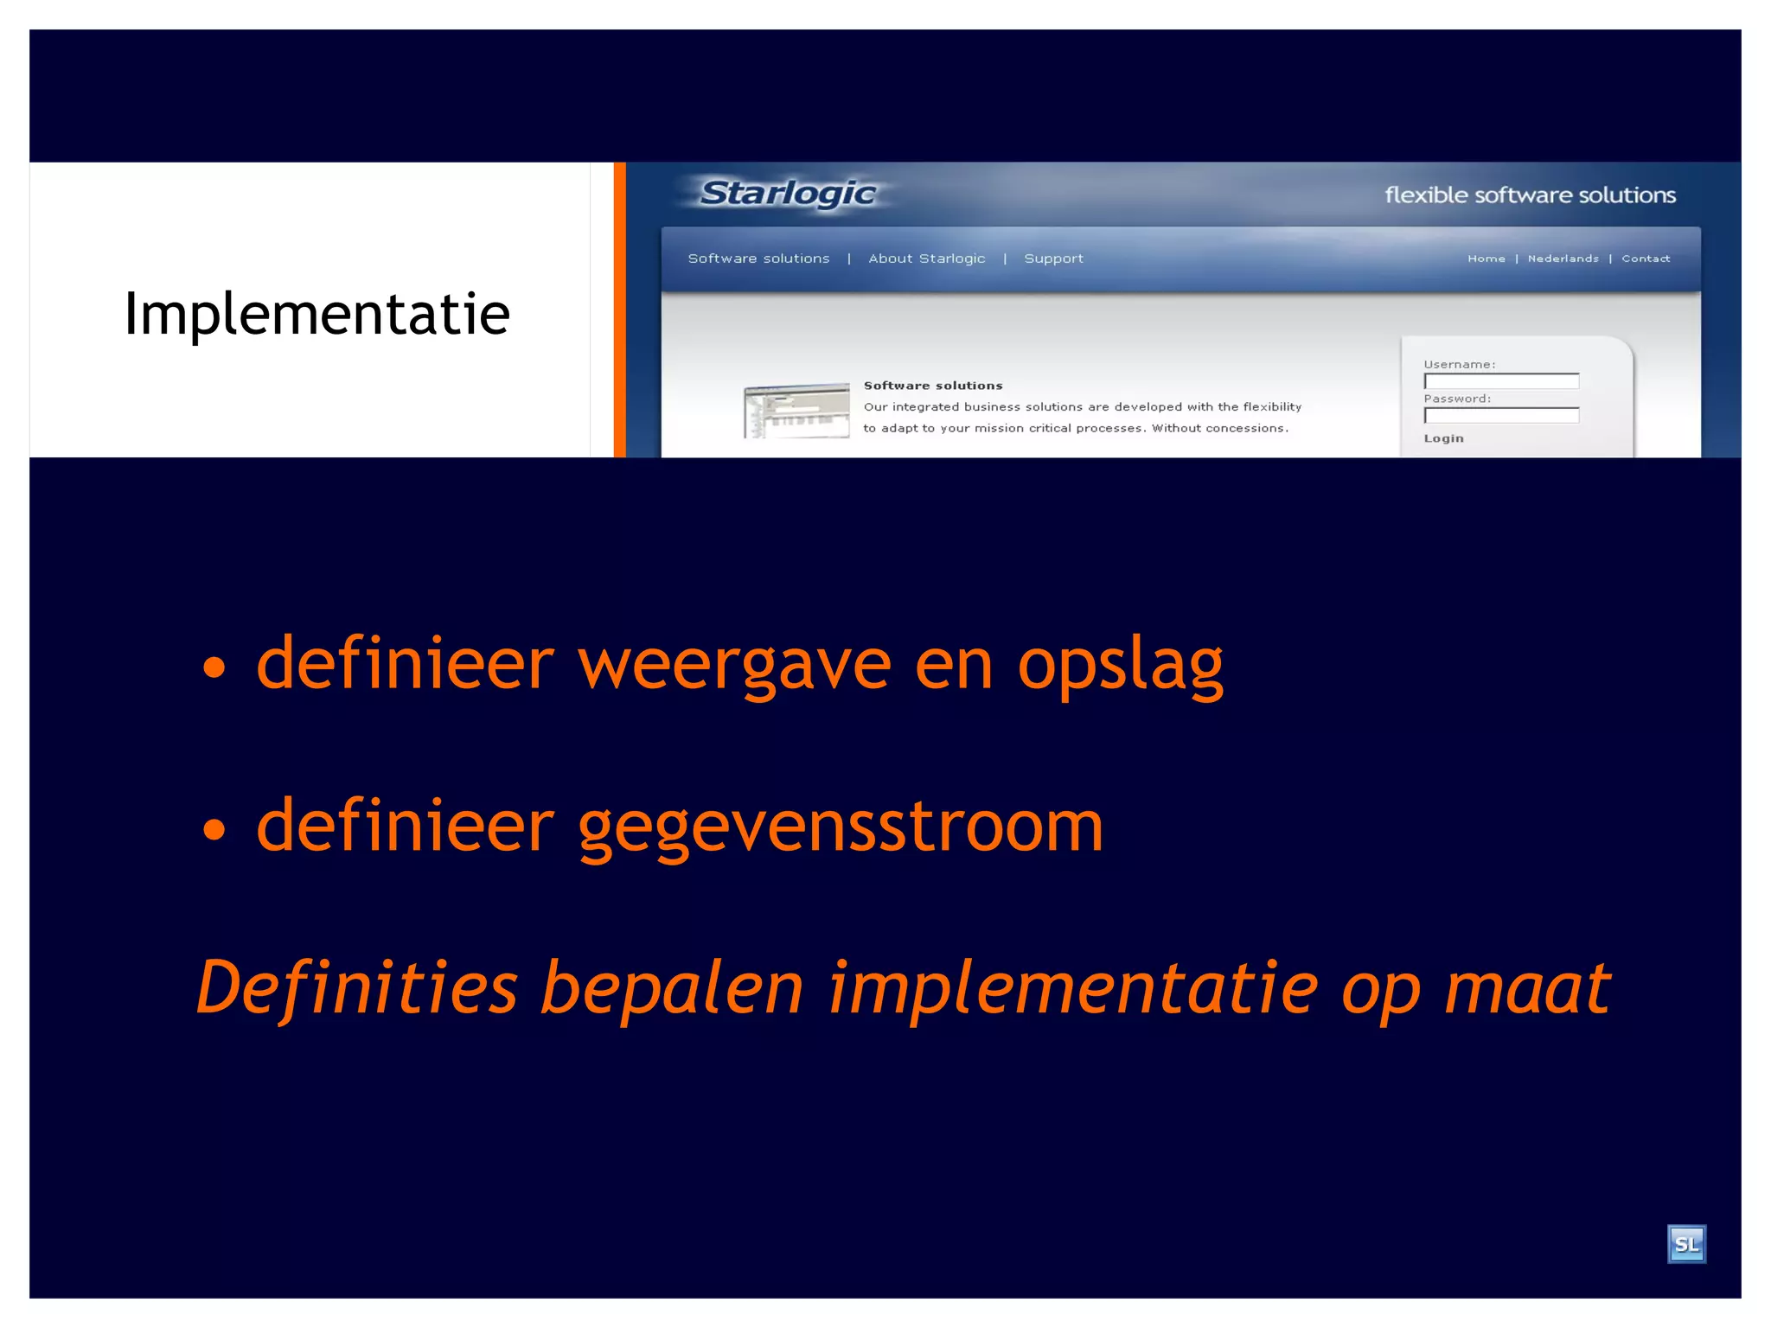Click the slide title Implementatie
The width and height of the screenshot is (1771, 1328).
point(316,313)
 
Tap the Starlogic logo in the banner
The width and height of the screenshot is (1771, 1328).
point(788,193)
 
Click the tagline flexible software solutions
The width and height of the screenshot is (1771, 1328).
point(1530,195)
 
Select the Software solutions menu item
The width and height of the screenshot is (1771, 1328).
point(758,259)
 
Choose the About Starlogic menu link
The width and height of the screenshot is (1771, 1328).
point(926,259)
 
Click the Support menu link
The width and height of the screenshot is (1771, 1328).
point(1053,259)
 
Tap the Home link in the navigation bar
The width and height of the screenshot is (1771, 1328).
point(1486,259)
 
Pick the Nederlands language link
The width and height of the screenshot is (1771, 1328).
point(1563,259)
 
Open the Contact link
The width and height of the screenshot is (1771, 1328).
point(1645,259)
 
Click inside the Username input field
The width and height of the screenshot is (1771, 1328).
point(1501,381)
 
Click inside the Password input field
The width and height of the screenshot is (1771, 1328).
point(1501,416)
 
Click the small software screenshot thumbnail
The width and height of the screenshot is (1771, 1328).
point(796,411)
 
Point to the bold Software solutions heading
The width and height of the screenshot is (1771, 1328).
point(933,386)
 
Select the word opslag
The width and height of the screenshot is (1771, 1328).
point(1120,666)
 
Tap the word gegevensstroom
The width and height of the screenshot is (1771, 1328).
point(840,828)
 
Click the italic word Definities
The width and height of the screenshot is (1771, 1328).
point(356,987)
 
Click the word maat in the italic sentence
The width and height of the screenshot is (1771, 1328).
point(1527,987)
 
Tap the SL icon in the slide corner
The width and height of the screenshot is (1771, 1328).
point(1685,1244)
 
